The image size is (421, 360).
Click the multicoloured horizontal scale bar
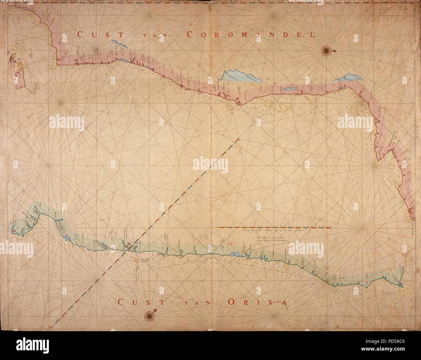274,228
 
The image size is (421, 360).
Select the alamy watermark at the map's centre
210,163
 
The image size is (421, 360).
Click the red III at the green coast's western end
15,230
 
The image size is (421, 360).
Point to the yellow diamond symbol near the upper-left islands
20,65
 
